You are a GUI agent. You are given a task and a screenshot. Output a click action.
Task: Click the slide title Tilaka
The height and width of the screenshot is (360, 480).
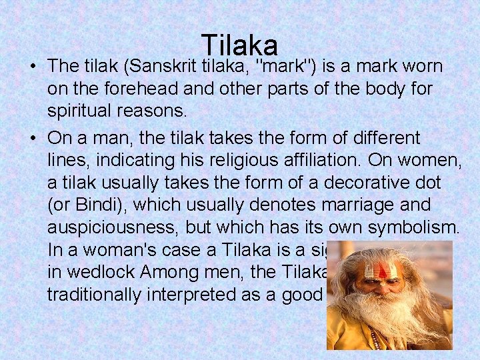239,45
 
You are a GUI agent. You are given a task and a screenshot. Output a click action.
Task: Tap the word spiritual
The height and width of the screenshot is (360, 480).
83,110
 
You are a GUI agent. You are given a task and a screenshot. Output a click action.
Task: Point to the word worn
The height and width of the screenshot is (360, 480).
423,67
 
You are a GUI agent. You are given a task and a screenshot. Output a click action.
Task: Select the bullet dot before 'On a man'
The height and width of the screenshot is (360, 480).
32,139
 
